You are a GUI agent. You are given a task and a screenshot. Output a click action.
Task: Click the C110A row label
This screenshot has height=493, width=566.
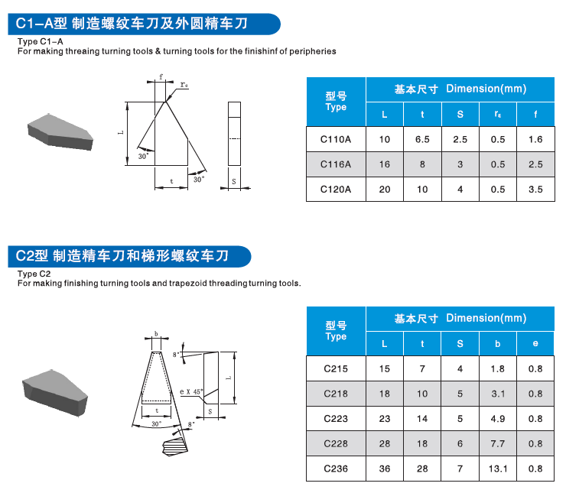[336, 139]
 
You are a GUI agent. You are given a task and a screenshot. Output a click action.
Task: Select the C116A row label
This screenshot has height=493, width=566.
[336, 164]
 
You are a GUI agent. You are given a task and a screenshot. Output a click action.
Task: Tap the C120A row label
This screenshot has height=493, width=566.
[336, 190]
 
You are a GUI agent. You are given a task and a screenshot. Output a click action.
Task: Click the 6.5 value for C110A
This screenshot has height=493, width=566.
[422, 139]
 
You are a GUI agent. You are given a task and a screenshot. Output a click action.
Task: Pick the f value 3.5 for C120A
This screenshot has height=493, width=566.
[535, 190]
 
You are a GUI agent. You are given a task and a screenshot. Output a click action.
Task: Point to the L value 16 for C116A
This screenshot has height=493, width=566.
[385, 164]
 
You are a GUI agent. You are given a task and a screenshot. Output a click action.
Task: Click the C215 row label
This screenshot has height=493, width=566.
[336, 368]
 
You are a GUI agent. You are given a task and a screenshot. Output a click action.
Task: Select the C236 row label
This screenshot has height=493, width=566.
[336, 469]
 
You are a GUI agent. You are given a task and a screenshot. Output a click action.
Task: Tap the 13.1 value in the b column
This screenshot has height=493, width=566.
[498, 469]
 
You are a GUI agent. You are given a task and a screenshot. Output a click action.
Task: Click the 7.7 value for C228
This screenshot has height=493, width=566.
[498, 444]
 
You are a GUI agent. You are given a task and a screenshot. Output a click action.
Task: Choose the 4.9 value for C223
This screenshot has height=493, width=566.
[498, 419]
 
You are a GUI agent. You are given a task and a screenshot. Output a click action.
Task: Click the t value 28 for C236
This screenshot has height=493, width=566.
[422, 469]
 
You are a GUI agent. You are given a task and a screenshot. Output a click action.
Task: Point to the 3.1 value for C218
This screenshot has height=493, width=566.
[498, 394]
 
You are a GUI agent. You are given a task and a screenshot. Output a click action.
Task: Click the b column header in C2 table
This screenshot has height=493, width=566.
[498, 344]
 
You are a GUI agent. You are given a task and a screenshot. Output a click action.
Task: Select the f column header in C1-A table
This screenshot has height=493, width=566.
[535, 115]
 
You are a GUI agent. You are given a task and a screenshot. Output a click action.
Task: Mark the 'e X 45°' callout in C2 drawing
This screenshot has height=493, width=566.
[190, 391]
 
